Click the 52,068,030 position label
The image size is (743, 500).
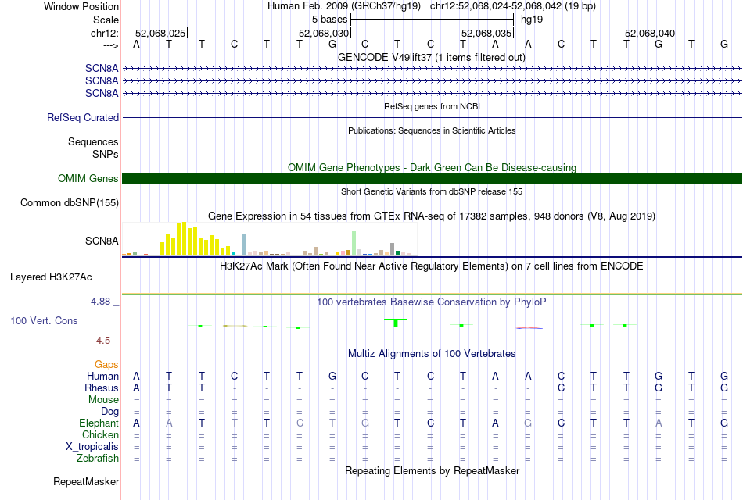(324, 33)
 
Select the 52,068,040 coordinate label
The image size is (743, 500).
(649, 33)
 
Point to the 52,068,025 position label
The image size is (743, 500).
(160, 33)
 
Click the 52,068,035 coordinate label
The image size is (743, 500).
(486, 33)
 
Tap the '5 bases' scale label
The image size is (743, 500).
(328, 19)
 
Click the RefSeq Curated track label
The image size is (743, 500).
(83, 118)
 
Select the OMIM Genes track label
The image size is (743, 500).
(88, 179)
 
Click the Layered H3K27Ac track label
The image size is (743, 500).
(51, 277)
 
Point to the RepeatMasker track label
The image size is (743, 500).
(86, 482)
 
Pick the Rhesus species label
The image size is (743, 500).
(102, 388)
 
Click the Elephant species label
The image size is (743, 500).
(99, 423)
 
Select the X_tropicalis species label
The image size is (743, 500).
(92, 447)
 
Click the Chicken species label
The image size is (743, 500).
(101, 435)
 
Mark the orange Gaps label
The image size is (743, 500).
(106, 365)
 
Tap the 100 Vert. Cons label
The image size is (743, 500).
(44, 321)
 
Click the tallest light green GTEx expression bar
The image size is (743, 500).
(354, 243)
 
